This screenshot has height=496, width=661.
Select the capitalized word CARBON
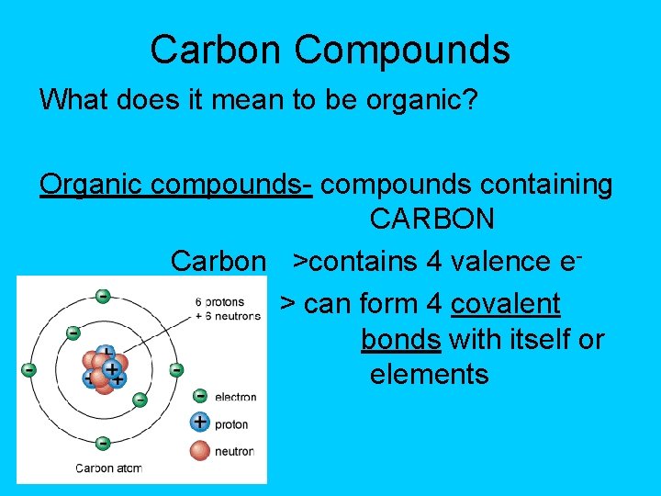click(432, 220)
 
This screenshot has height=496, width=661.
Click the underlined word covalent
click(506, 303)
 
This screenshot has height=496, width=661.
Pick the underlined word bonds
click(400, 340)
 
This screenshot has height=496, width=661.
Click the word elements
click(430, 375)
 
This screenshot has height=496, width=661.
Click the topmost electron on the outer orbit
click(103, 297)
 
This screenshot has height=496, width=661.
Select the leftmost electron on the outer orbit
click(29, 370)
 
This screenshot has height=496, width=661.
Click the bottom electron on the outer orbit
click(103, 444)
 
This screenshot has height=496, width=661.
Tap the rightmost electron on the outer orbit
click(176, 370)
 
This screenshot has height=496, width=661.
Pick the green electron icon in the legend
click(199, 397)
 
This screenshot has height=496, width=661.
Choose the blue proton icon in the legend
click(199, 423)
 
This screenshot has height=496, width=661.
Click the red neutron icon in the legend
click(199, 450)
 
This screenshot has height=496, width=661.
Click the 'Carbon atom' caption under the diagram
click(108, 468)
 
